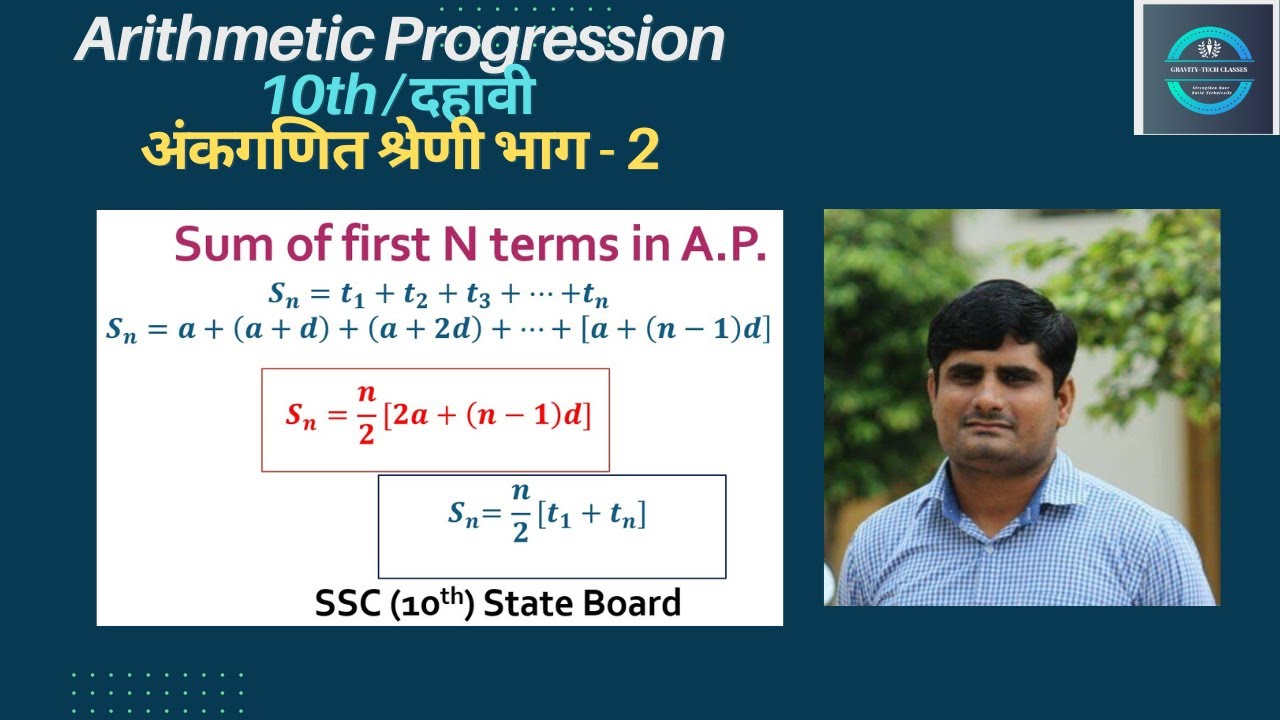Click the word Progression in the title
pos(554,42)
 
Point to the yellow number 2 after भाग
pos(643,151)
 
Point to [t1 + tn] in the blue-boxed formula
pos(592,515)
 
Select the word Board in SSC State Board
pos(633,603)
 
